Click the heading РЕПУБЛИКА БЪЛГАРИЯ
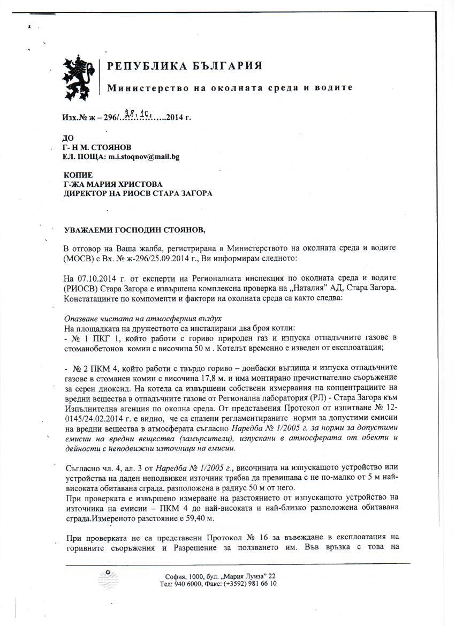tap(185, 66)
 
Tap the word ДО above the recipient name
tap(68, 138)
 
